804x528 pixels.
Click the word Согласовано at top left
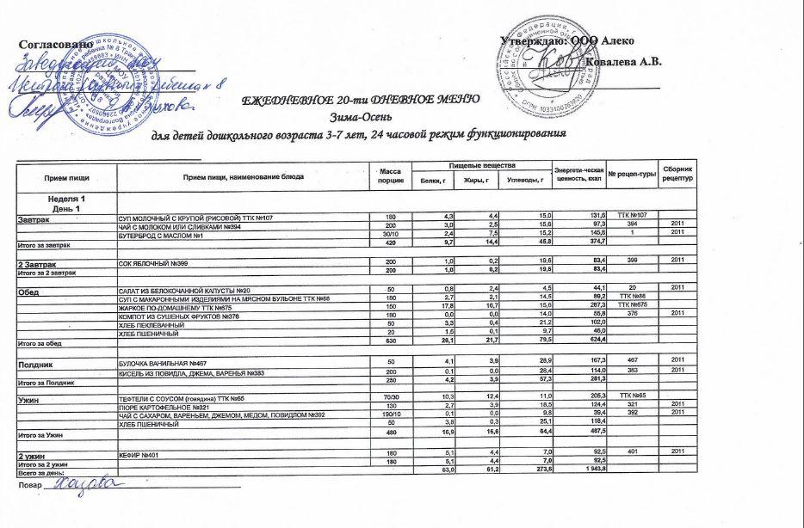55,44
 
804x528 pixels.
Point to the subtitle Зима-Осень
360,117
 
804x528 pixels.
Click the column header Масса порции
390,177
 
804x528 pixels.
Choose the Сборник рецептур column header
675,172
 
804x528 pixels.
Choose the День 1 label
65,210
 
